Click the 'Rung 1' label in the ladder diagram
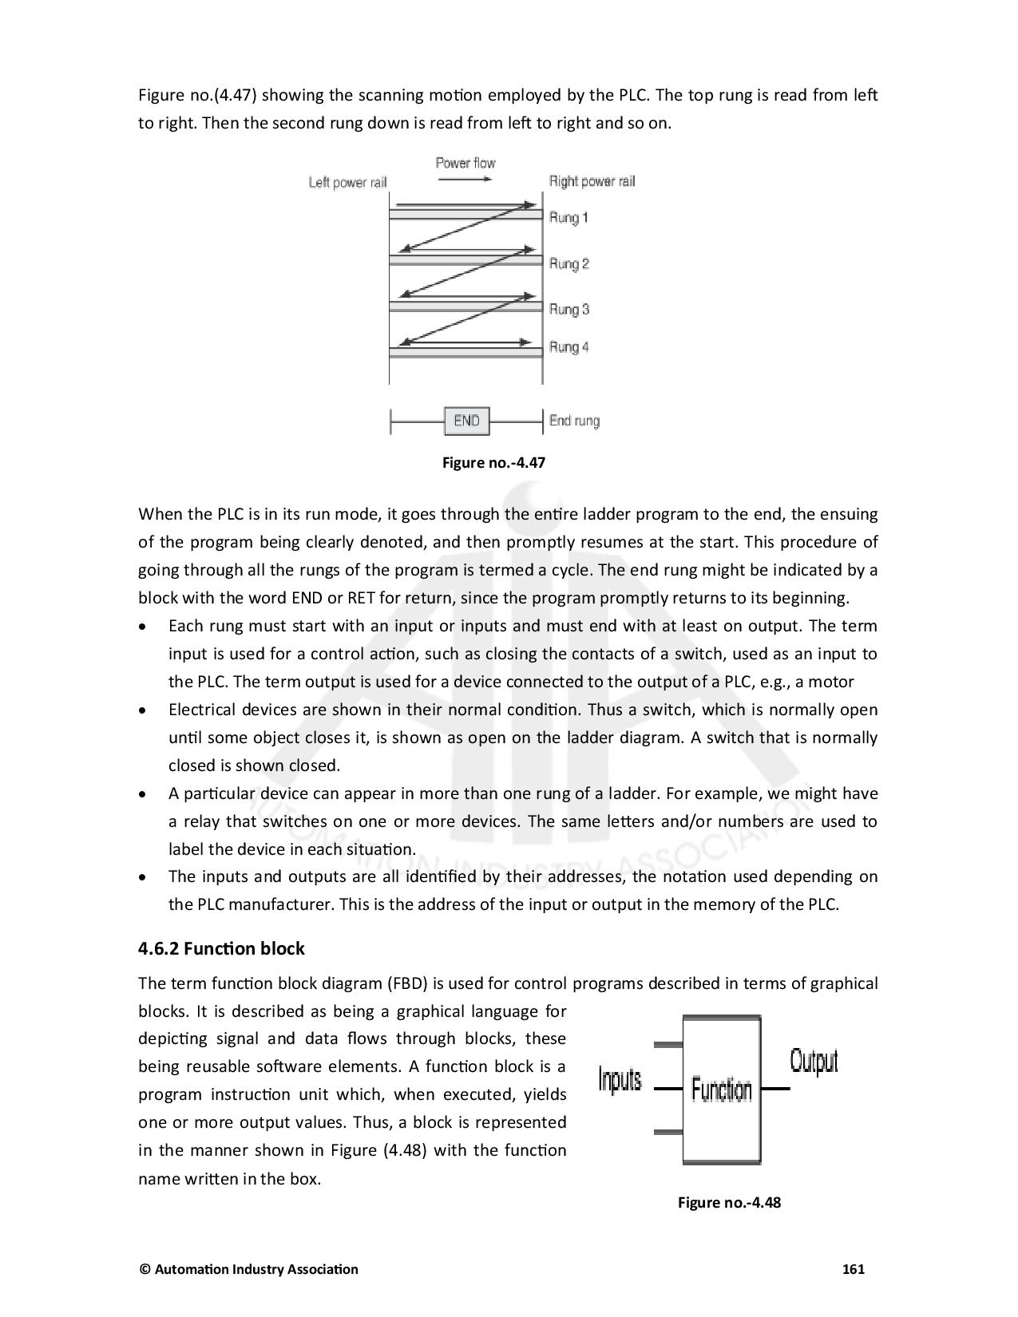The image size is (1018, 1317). [x=568, y=218]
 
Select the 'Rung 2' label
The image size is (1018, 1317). [x=568, y=264]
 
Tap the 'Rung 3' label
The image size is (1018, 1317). [x=568, y=310]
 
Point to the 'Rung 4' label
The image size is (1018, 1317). [x=568, y=347]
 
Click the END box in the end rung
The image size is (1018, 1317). [x=466, y=421]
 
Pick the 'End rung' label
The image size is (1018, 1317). [x=574, y=421]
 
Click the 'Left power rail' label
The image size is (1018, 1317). [x=347, y=183]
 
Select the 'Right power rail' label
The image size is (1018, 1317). [x=592, y=182]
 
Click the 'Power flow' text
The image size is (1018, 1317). [x=465, y=163]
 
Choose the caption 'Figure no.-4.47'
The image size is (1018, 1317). [x=493, y=462]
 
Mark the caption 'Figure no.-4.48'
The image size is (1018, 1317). [x=728, y=1202]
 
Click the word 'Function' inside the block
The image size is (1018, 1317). [x=721, y=1090]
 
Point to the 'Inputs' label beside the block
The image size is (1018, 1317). [x=620, y=1080]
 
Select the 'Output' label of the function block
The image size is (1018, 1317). [x=814, y=1062]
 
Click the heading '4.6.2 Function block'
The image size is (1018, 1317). [x=221, y=948]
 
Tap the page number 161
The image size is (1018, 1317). [x=854, y=1269]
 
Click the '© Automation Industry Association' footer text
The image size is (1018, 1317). [x=248, y=1269]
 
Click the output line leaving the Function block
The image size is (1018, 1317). [x=774, y=1089]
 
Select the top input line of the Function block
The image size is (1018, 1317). [x=668, y=1044]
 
